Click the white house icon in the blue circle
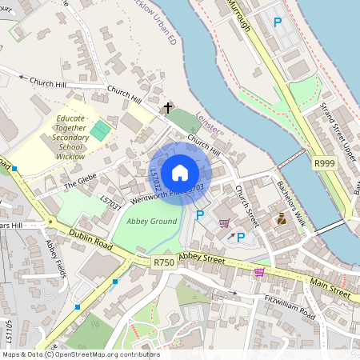(180, 172)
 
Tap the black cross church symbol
(168, 107)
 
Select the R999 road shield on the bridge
(325, 163)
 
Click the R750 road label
(163, 262)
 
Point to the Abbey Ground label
(151, 221)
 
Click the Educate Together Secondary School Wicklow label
(70, 138)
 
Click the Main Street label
(330, 288)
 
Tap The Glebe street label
(80, 185)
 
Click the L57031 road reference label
(110, 206)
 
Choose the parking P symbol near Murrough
(278, 22)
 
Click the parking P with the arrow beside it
(240, 237)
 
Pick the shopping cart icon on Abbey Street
(259, 273)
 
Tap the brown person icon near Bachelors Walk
(281, 218)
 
